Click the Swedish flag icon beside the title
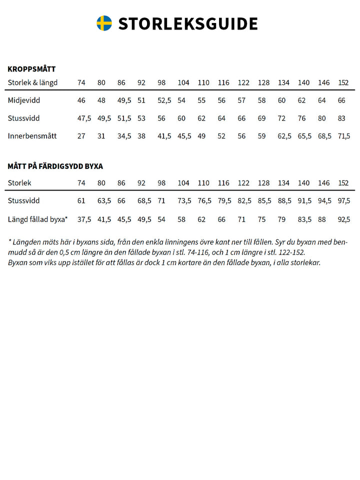pyautogui.click(x=104, y=23)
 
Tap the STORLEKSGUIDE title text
pyautogui.click(x=188, y=23)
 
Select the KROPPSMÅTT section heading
pyautogui.click(x=31, y=69)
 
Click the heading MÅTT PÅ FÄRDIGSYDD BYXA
pyautogui.click(x=55, y=166)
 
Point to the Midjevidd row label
pyautogui.click(x=24, y=100)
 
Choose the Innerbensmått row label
pyautogui.click(x=32, y=136)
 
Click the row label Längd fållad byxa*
pyautogui.click(x=38, y=219)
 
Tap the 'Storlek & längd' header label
pyautogui.click(x=32, y=82)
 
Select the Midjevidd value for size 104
pyautogui.click(x=181, y=100)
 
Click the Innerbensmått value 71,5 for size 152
pyautogui.click(x=344, y=136)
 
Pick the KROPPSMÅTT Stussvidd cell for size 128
pyautogui.click(x=261, y=118)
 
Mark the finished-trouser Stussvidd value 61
pyautogui.click(x=81, y=201)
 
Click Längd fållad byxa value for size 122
pyautogui.click(x=241, y=219)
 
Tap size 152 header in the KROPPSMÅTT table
pyautogui.click(x=343, y=82)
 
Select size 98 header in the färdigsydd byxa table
pyautogui.click(x=161, y=183)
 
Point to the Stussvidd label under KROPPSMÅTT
pyautogui.click(x=23, y=118)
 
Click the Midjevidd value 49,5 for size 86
pyautogui.click(x=124, y=100)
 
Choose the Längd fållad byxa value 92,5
pyautogui.click(x=344, y=219)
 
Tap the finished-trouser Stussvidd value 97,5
pyautogui.click(x=344, y=201)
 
